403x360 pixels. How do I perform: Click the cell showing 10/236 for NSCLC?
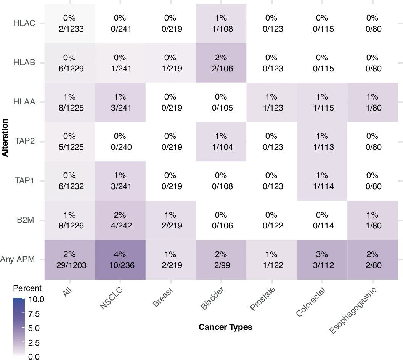tap(120, 260)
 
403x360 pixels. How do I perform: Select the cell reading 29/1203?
tap(70, 260)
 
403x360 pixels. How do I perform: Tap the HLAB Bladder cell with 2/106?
tap(221, 63)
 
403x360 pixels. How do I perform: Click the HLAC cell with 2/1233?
tap(70, 23)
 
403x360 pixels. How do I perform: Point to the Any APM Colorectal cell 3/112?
tap(322, 260)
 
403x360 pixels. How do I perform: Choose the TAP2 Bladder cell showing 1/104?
tap(221, 141)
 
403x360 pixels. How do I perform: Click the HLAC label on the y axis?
tap(25, 23)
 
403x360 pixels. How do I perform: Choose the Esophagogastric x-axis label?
tap(353, 311)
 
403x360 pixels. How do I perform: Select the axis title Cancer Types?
tap(225, 327)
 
